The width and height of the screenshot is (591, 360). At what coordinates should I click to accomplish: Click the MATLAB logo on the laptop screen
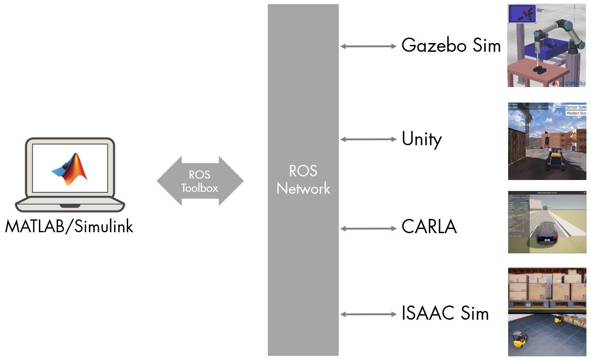70,169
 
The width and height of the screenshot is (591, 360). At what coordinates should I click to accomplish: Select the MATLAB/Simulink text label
69,226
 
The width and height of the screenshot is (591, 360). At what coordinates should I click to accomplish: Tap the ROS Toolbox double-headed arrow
200,181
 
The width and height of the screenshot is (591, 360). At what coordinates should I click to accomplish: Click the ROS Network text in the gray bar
303,180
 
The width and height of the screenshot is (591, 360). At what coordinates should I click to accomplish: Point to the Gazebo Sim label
451,46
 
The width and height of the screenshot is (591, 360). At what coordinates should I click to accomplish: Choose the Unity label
422,139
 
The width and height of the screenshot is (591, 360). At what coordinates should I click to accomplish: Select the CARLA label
429,227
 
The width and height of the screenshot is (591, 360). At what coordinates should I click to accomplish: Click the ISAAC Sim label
445,313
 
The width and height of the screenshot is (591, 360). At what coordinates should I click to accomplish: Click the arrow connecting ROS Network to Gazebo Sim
369,46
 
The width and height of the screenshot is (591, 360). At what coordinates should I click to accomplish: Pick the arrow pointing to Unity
369,139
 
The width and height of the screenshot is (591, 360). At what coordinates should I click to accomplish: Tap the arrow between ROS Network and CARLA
369,228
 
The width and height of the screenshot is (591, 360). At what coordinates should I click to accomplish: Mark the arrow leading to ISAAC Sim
369,314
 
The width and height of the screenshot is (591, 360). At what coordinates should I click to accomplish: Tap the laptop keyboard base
70,205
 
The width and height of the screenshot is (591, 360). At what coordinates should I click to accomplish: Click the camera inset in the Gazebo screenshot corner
522,14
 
